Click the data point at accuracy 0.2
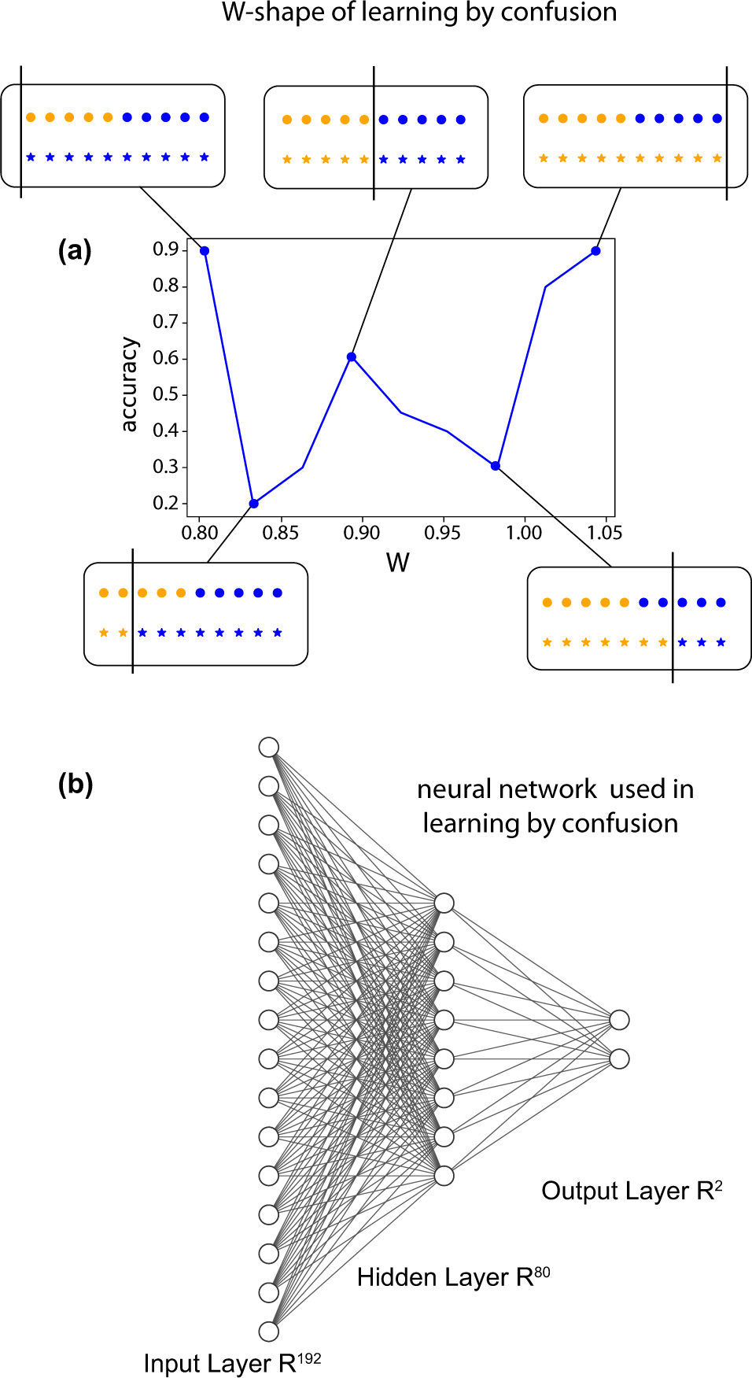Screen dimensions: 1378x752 click(253, 504)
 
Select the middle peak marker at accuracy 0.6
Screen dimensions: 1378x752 click(352, 357)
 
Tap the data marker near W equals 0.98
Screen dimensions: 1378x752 click(496, 466)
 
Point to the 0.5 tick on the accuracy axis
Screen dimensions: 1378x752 click(165, 394)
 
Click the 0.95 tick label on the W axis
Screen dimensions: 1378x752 click(442, 533)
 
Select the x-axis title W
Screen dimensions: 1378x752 click(397, 563)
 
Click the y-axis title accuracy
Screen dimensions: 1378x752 click(129, 385)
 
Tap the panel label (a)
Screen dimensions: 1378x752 click(76, 251)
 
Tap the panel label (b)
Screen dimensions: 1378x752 click(76, 784)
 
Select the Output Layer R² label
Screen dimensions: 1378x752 click(632, 1191)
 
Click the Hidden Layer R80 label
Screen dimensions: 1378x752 click(453, 1276)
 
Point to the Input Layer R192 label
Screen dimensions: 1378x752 click(232, 1362)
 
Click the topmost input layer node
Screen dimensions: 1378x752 click(269, 747)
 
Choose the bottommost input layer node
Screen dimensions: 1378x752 click(269, 1331)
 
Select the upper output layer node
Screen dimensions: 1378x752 click(620, 1020)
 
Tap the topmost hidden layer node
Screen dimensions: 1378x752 click(444, 903)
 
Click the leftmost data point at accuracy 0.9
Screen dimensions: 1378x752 click(205, 251)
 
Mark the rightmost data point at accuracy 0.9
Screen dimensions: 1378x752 click(595, 251)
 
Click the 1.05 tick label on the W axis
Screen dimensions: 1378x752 click(604, 533)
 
